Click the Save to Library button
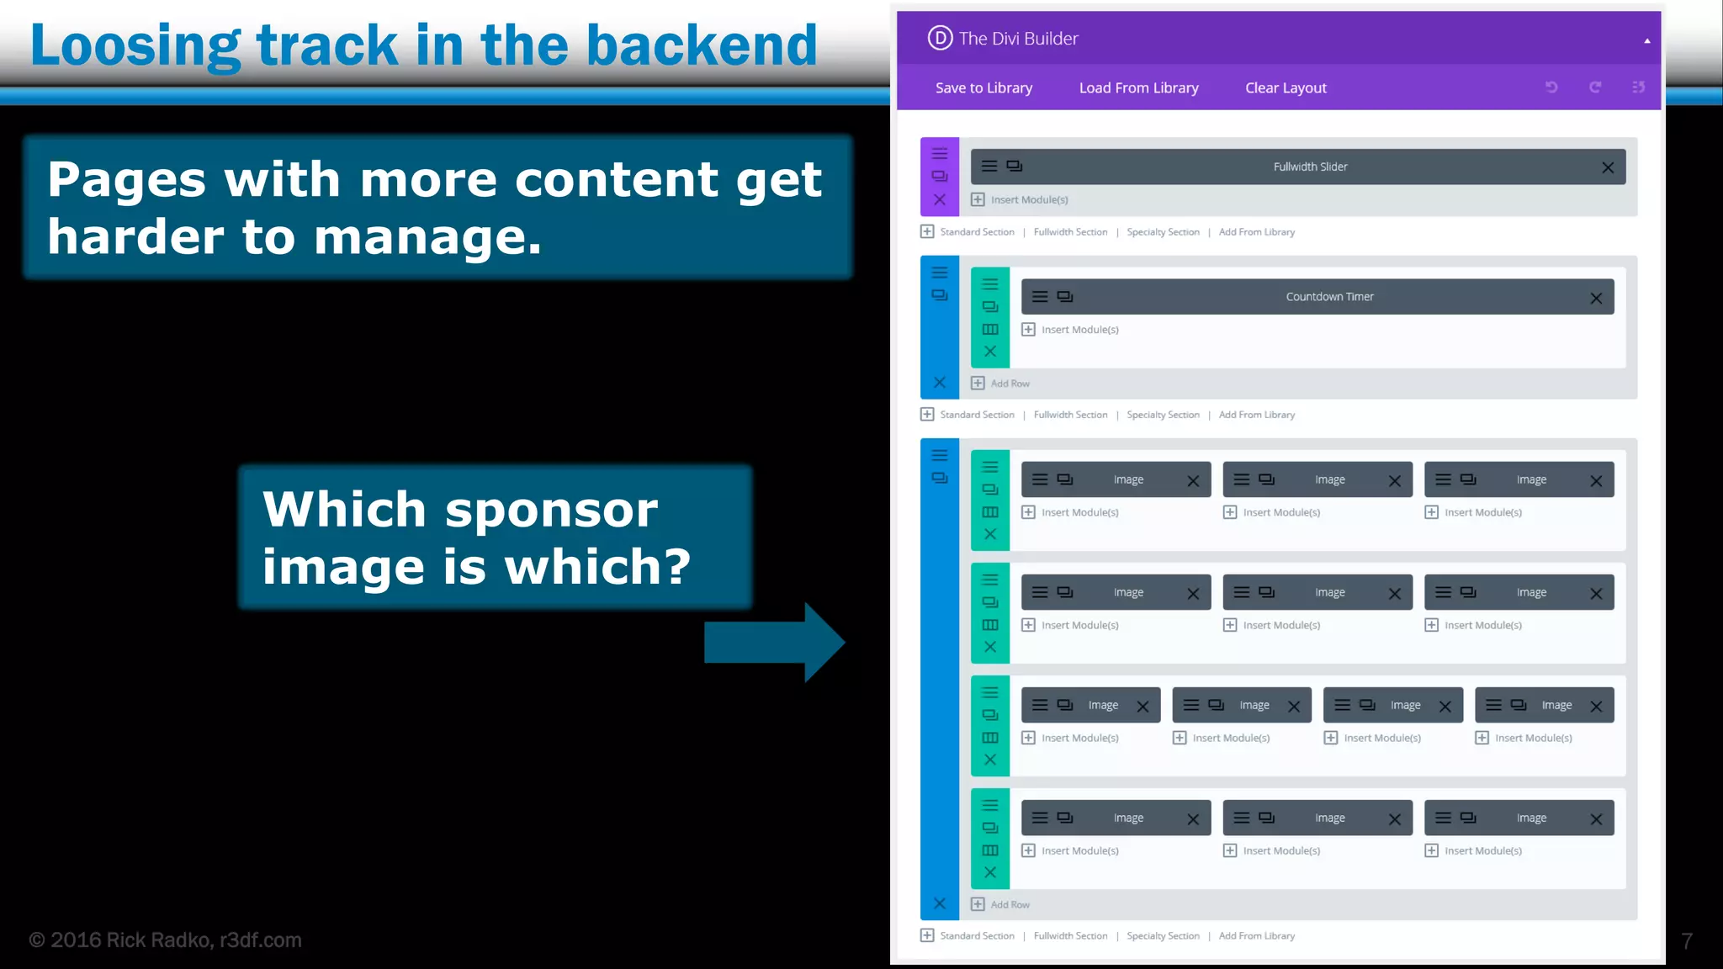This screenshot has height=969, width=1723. (983, 87)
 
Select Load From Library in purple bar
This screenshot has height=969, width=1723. (1138, 87)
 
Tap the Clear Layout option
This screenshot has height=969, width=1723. (1286, 87)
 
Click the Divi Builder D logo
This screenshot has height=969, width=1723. (940, 38)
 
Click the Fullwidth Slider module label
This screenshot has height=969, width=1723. (1310, 167)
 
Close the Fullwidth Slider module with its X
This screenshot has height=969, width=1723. (1608, 167)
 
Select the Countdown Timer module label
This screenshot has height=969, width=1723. (1329, 297)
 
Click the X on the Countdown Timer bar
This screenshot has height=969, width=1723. (1596, 299)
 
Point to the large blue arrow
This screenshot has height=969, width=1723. (774, 643)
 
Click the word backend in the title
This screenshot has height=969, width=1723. (702, 45)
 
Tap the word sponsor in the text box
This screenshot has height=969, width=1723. (551, 510)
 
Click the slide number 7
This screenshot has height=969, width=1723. (1686, 940)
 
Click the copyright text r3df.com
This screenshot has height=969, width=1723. (260, 940)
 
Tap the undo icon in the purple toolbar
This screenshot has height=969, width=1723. (1551, 87)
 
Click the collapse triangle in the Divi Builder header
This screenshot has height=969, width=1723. (1646, 40)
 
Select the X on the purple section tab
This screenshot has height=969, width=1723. (940, 200)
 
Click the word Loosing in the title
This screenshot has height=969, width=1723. (135, 45)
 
